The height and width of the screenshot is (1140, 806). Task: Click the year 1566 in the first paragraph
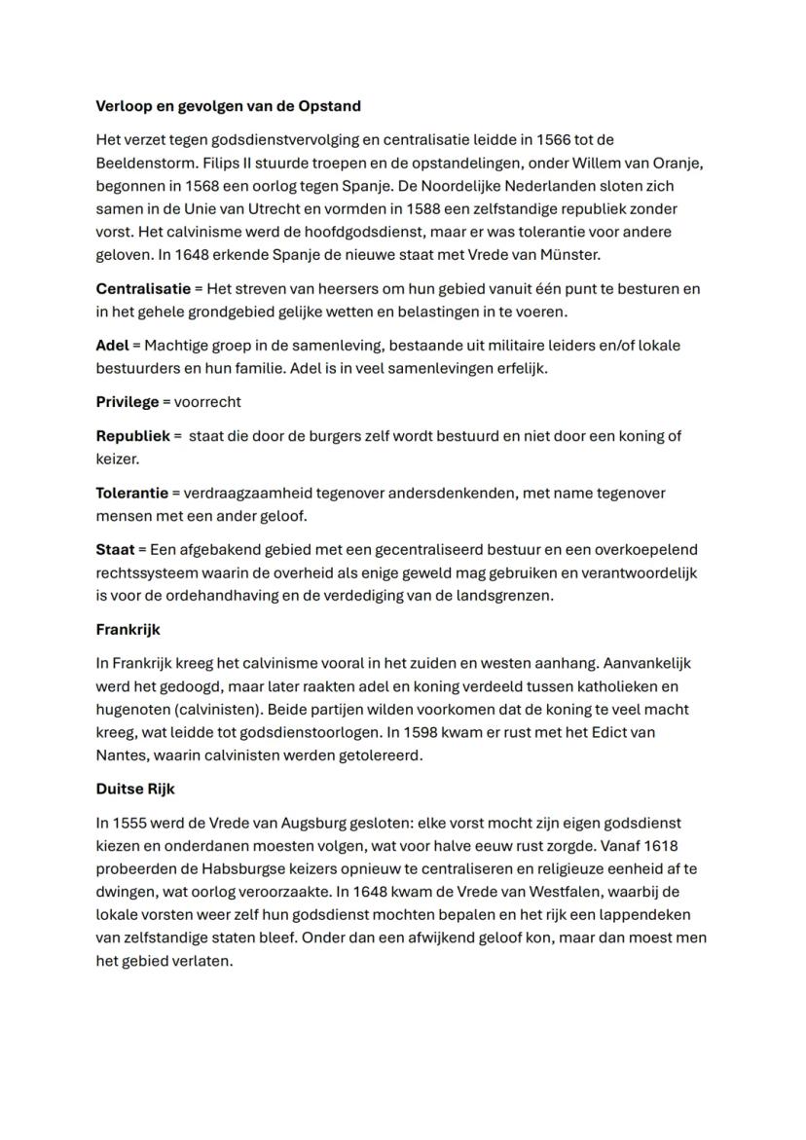551,139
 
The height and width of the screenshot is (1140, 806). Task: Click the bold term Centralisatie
141,289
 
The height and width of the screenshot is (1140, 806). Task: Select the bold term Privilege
126,402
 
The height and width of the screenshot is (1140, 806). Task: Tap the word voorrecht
207,402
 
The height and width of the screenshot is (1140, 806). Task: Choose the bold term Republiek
132,436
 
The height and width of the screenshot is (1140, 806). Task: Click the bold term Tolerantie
131,494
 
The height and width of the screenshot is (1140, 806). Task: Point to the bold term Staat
114,550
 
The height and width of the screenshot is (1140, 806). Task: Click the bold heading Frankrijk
128,630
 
